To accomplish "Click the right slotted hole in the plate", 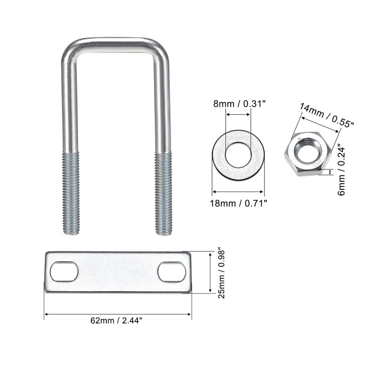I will pos(172,272).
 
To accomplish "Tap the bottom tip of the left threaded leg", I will pos(71,233).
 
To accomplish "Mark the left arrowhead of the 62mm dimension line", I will pos(46,314).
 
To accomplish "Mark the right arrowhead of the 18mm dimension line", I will pos(263,191).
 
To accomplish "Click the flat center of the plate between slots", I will pos(117,272).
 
